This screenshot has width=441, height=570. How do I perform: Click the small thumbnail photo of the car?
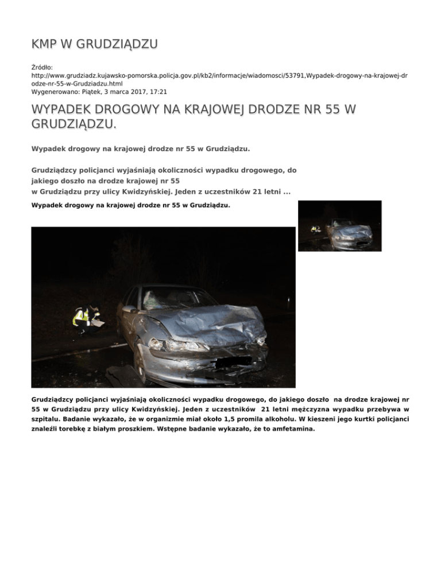tap(340, 226)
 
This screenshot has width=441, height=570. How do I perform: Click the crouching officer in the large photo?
tap(83, 319)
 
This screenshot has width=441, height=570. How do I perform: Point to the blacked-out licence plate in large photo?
tap(232, 362)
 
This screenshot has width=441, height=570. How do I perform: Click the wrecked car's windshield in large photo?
tap(172, 298)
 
